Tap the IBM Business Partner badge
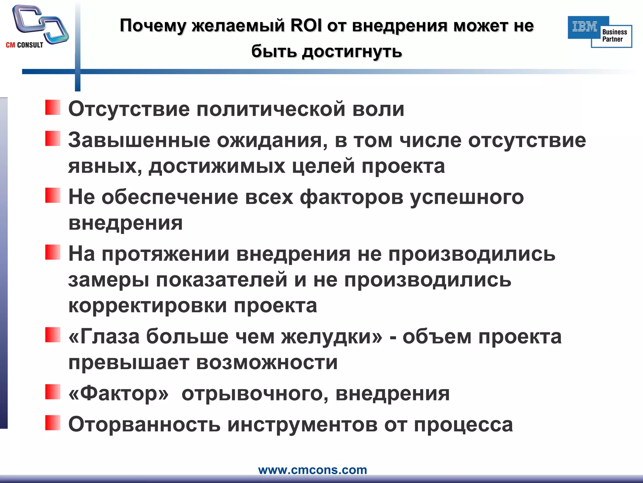(600, 32)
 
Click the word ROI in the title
(306, 25)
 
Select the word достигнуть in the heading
(352, 51)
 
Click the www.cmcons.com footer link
(312, 470)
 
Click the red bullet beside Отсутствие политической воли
(52, 108)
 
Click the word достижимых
(217, 166)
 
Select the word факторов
(351, 197)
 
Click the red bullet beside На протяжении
(52, 252)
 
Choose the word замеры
(109, 280)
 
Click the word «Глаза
(104, 336)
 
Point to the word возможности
(267, 362)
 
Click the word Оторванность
(144, 425)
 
